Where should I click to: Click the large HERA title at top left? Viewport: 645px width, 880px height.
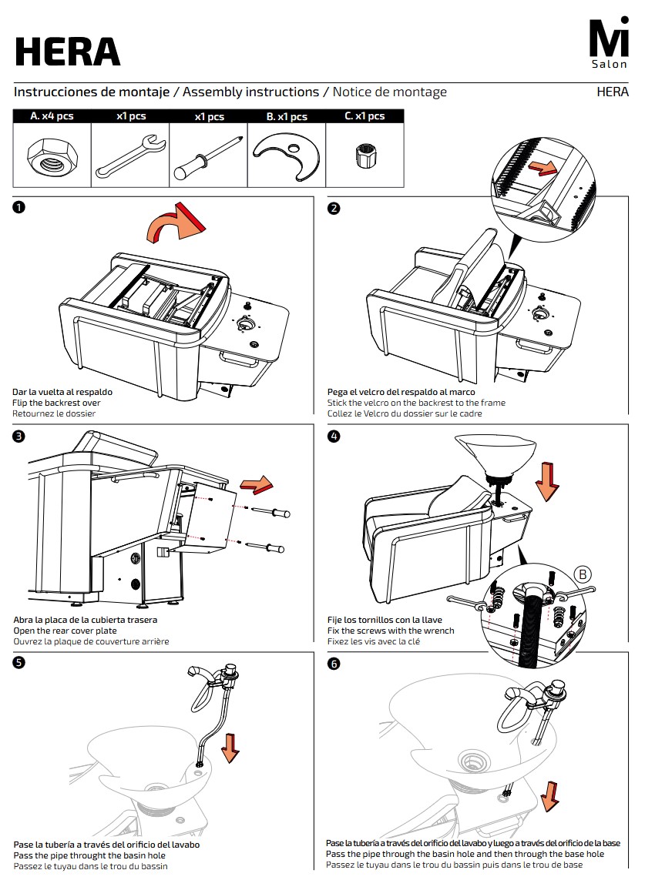(x=68, y=52)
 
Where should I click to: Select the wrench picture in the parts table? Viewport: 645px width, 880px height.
(x=130, y=156)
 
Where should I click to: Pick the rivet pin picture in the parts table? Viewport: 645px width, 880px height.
(x=208, y=157)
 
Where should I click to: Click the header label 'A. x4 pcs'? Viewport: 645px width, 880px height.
(x=52, y=117)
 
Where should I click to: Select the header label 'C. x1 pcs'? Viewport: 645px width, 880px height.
(x=364, y=117)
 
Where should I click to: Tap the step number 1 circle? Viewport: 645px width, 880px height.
(x=19, y=208)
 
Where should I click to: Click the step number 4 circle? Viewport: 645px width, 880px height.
(x=334, y=437)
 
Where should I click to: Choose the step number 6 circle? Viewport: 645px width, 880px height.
(x=334, y=664)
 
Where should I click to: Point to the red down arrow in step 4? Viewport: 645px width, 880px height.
(x=547, y=480)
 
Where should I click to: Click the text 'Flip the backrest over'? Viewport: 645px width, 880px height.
(x=56, y=403)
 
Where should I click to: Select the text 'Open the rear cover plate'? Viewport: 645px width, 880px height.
(x=66, y=631)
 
